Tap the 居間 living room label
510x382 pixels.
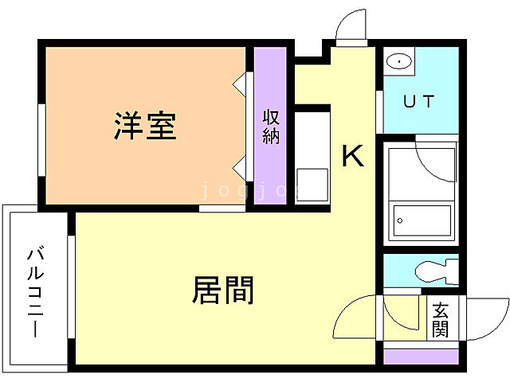point(222,290)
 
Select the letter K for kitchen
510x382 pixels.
point(352,156)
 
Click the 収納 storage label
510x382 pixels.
point(271,126)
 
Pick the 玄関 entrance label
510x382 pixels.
point(441,319)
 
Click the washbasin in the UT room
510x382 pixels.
point(398,61)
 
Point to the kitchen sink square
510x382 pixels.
point(312,185)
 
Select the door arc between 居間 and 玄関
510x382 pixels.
point(355,318)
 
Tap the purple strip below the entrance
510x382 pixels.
point(422,356)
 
